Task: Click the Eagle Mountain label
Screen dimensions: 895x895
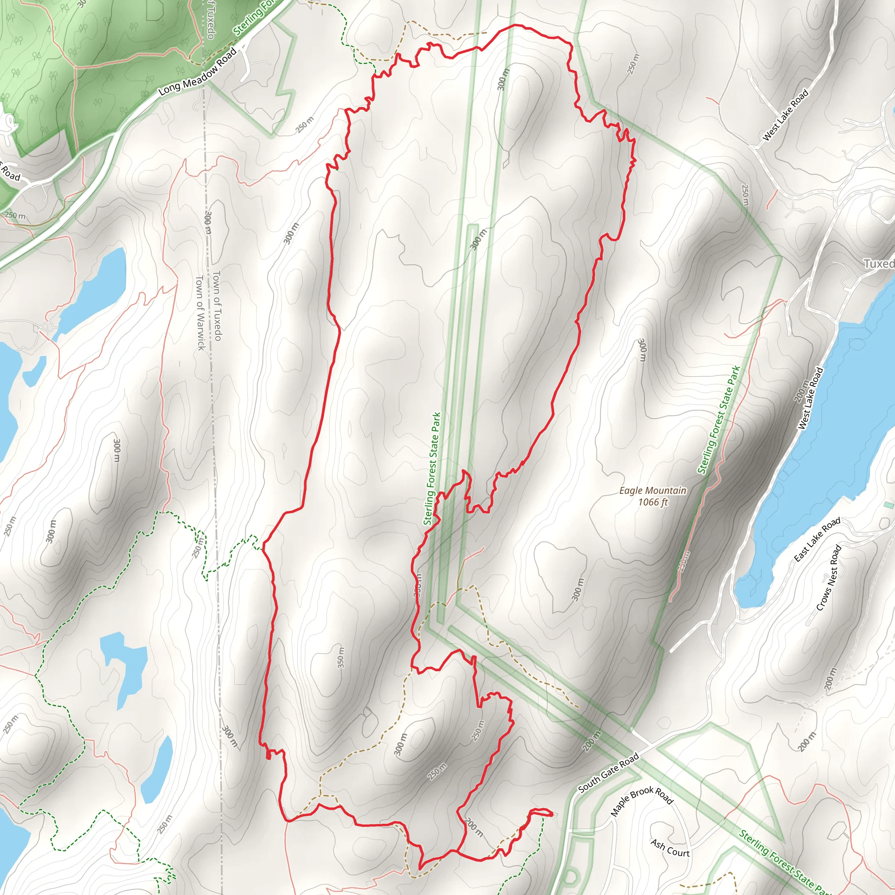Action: [653, 491]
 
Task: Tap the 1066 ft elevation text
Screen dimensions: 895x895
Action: [653, 502]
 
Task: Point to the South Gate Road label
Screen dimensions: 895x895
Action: [609, 772]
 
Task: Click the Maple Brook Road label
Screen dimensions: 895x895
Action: [642, 801]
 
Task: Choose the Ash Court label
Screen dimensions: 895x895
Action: [670, 848]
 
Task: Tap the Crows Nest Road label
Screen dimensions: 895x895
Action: [829, 578]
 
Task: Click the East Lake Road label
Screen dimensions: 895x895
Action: [817, 540]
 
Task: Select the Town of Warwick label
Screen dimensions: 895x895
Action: [200, 313]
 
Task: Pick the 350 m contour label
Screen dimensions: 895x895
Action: [341, 657]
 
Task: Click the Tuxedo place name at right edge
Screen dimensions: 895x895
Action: [879, 264]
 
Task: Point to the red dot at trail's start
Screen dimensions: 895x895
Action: [269, 756]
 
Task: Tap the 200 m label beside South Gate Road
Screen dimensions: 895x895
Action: [592, 740]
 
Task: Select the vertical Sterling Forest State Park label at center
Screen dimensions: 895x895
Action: [432, 469]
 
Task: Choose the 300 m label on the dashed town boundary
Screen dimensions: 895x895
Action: [208, 223]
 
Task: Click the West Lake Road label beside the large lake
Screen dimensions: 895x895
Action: [810, 399]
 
